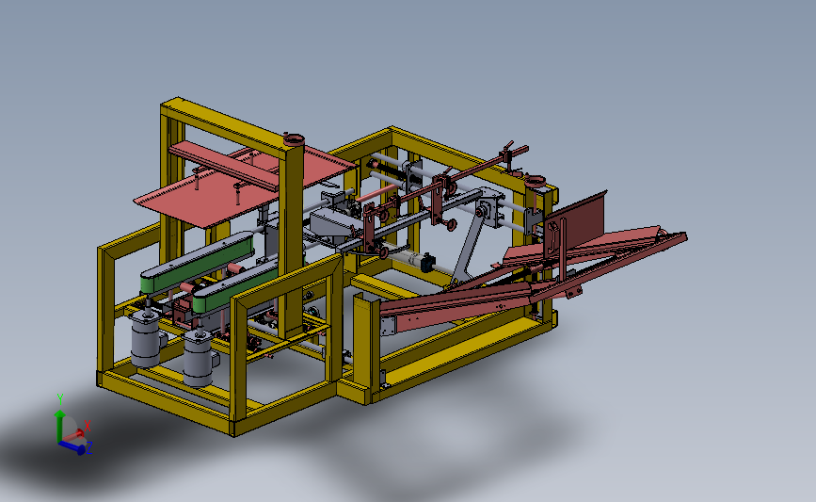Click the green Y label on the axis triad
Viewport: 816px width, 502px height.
(60, 399)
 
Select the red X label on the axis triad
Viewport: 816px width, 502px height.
(88, 426)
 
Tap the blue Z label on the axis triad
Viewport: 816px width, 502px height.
(89, 447)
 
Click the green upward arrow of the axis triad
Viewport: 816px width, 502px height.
(60, 425)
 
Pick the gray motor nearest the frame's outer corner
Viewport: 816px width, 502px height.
(145, 338)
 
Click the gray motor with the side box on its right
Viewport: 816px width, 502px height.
(200, 359)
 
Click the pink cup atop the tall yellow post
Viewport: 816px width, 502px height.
(294, 139)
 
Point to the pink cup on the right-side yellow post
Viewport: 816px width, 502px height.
(535, 182)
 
